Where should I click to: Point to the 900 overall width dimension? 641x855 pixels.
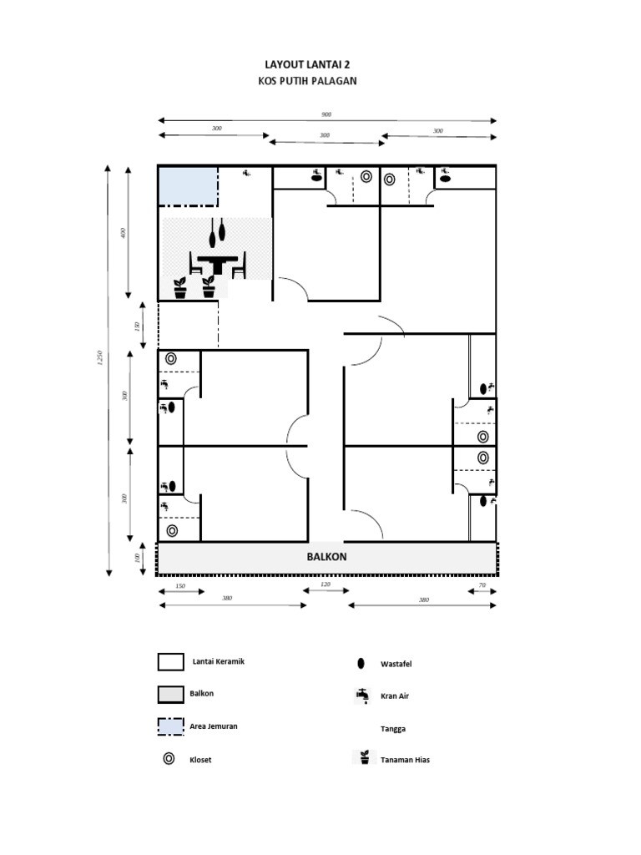click(x=326, y=114)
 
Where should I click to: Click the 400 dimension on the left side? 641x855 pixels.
click(x=124, y=233)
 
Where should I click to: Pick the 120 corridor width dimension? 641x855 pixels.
click(x=326, y=585)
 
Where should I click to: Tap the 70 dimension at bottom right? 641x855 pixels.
click(x=482, y=585)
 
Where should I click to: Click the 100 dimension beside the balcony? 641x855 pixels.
click(x=138, y=558)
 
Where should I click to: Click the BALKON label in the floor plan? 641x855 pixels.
click(x=326, y=557)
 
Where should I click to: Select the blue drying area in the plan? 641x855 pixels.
click(x=188, y=186)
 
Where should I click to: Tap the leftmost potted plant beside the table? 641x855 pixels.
click(x=180, y=287)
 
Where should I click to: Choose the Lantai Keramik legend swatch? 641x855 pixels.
click(x=170, y=662)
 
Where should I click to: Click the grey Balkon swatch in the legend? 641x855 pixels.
click(x=170, y=694)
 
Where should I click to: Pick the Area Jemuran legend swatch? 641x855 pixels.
click(x=170, y=726)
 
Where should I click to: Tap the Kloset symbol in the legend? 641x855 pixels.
click(x=169, y=759)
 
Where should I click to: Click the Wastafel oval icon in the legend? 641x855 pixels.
click(x=361, y=664)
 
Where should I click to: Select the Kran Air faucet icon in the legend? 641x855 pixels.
click(x=361, y=695)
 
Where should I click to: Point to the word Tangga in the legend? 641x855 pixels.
click(x=393, y=729)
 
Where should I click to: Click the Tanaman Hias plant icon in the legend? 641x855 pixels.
click(x=363, y=758)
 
